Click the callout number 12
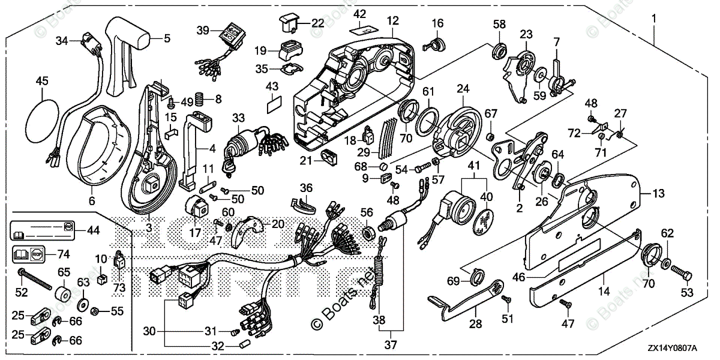click(x=392, y=20)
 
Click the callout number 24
click(x=463, y=88)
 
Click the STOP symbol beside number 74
click(x=38, y=254)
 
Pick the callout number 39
click(x=202, y=31)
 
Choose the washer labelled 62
click(x=667, y=263)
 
